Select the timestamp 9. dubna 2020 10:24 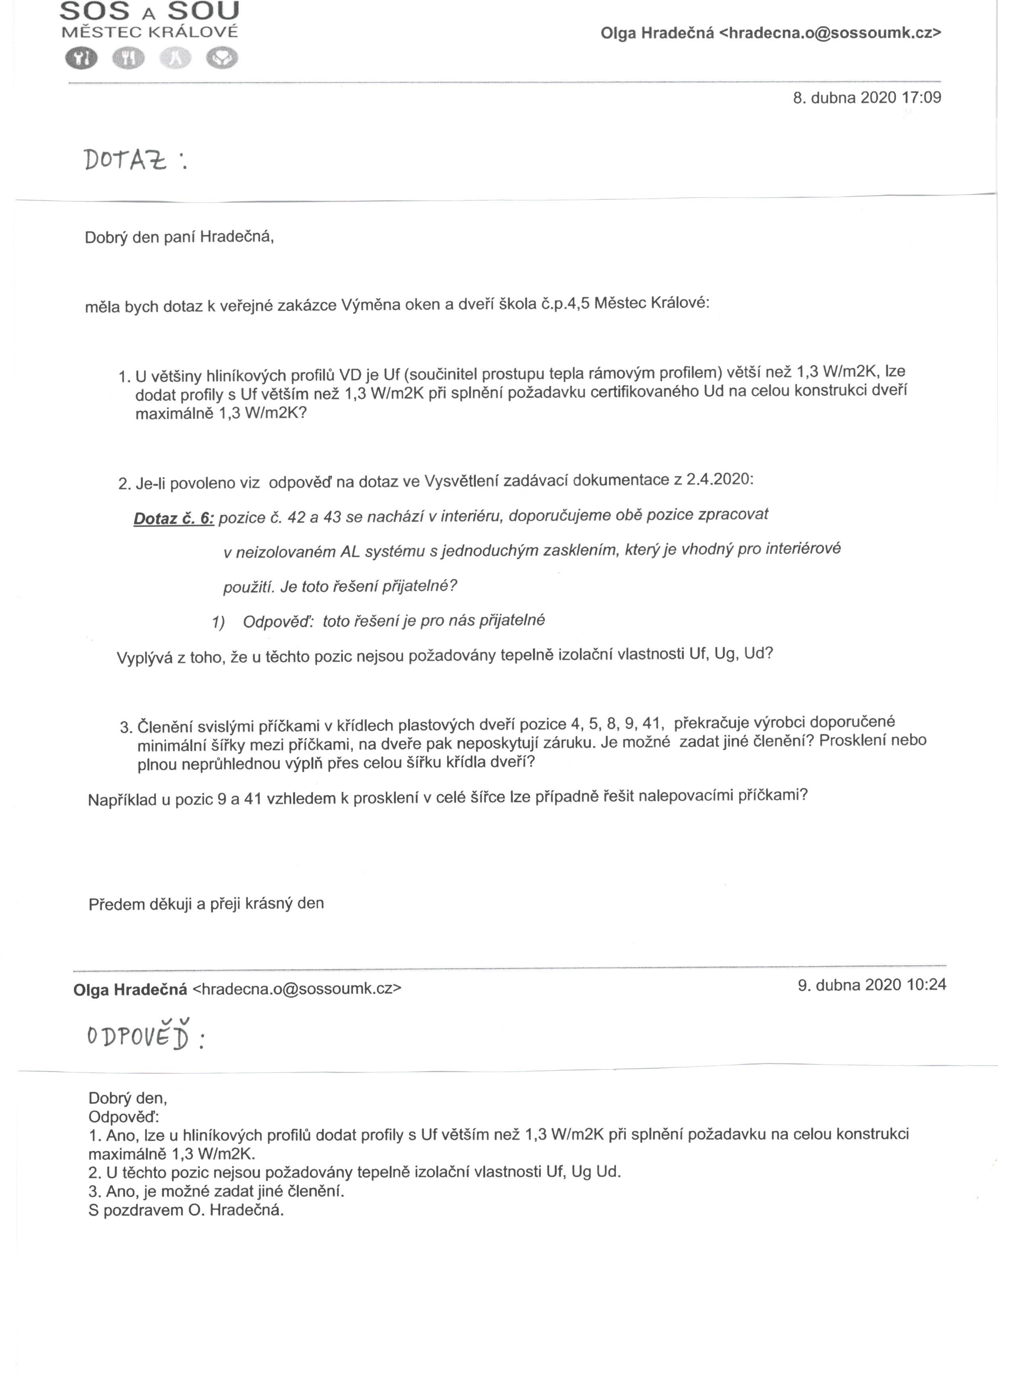click(x=872, y=985)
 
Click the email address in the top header click(x=830, y=33)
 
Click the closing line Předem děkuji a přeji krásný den click(x=206, y=904)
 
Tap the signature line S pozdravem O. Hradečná click(x=186, y=1211)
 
